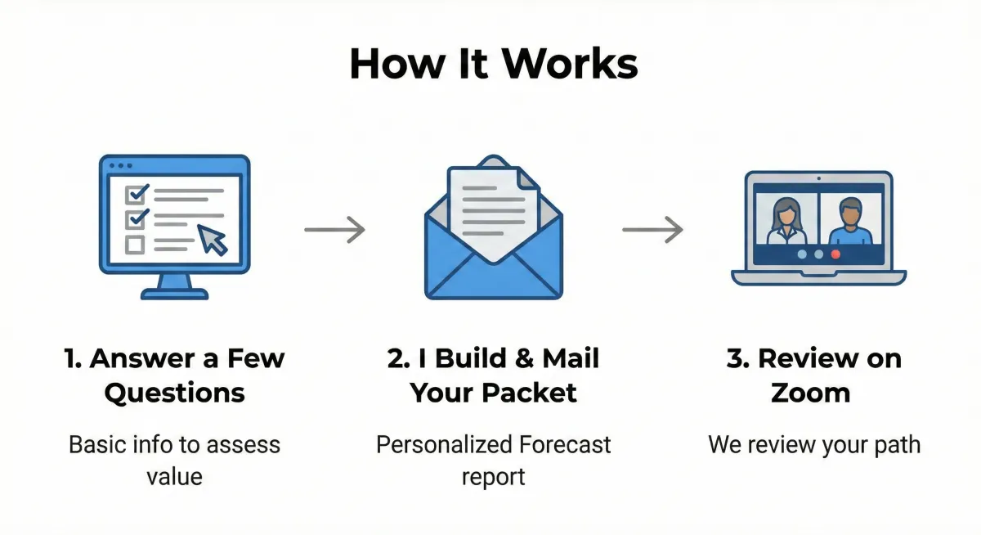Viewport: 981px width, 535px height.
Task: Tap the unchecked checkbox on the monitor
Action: click(135, 245)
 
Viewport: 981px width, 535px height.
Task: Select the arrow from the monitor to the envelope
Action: click(334, 230)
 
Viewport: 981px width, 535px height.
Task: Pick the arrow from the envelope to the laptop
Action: click(652, 230)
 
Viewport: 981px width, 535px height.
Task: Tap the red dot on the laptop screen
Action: click(835, 254)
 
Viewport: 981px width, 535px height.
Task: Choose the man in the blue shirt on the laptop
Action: click(850, 222)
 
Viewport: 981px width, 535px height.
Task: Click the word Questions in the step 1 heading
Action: click(175, 393)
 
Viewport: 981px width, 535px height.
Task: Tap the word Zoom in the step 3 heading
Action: click(810, 393)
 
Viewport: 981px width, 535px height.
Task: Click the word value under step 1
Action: click(174, 477)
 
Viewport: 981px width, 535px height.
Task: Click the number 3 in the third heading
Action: click(735, 358)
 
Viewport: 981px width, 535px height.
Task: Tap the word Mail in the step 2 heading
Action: click(572, 358)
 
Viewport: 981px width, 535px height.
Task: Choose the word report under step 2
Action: click(493, 477)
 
